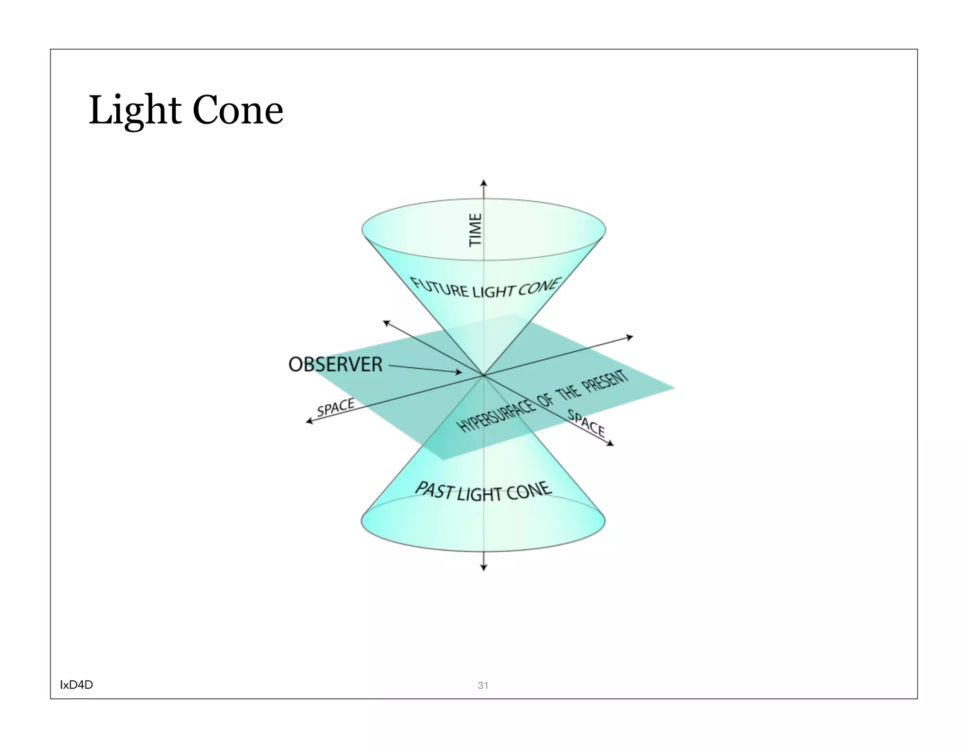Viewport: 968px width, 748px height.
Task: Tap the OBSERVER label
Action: pos(335,365)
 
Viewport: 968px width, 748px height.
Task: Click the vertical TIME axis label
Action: pos(475,230)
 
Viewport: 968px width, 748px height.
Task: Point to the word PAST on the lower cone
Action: pos(434,490)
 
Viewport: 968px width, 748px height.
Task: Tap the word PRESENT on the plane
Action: pos(605,381)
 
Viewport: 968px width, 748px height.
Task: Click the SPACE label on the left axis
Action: pos(336,407)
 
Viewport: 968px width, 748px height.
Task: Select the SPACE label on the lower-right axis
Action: pos(586,423)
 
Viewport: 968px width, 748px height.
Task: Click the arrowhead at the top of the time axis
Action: pos(484,183)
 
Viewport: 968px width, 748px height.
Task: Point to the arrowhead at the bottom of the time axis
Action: pos(484,567)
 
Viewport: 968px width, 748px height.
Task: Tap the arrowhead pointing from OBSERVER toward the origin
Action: pos(458,372)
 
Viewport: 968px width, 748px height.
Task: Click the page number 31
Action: pos(483,685)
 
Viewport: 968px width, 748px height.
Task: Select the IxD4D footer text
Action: pos(76,685)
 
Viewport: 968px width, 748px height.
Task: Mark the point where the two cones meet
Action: pos(484,375)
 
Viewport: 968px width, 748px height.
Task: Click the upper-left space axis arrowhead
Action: pos(386,323)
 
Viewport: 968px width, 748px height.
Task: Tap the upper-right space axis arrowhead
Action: pos(630,337)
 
